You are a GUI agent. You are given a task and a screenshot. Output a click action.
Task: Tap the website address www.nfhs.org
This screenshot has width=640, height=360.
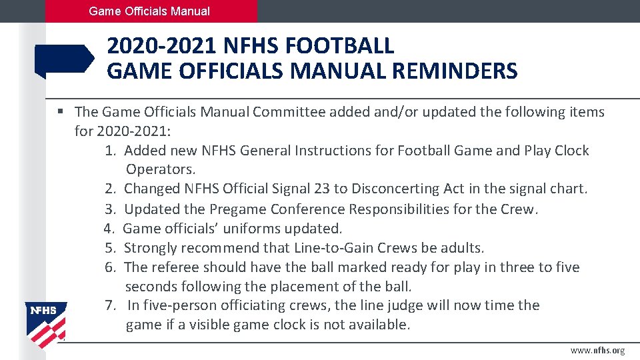pos(597,351)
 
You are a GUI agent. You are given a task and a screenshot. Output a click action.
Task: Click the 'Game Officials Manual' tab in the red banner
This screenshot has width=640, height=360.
pos(149,11)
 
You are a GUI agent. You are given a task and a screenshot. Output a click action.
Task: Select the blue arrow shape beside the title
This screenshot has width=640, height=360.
pos(64,60)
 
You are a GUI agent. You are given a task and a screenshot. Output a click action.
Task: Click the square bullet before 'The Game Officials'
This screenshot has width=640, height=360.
pos(61,111)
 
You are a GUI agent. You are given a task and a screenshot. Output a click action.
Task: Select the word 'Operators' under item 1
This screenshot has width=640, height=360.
pos(158,170)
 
